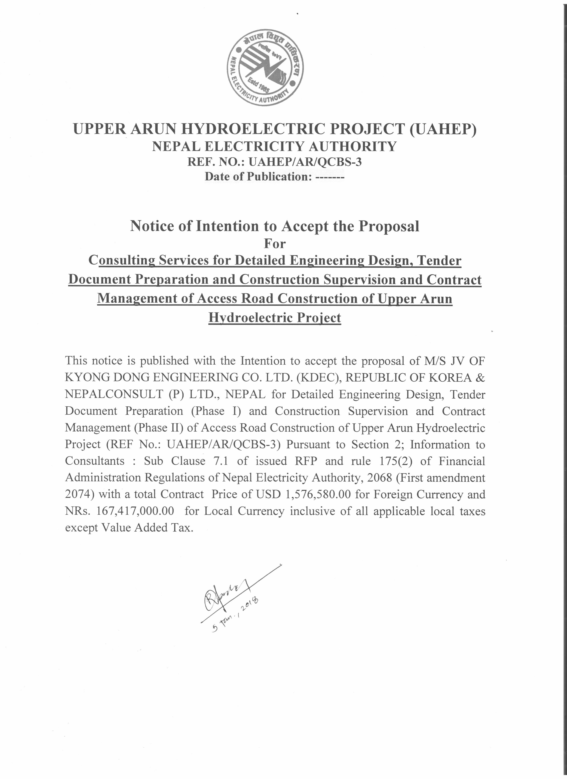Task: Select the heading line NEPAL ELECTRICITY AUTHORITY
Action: pyautogui.click(x=274, y=147)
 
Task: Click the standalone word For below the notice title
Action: pyautogui.click(x=275, y=244)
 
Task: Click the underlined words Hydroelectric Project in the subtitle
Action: pyautogui.click(x=275, y=317)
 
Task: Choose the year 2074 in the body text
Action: pyautogui.click(x=80, y=494)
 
